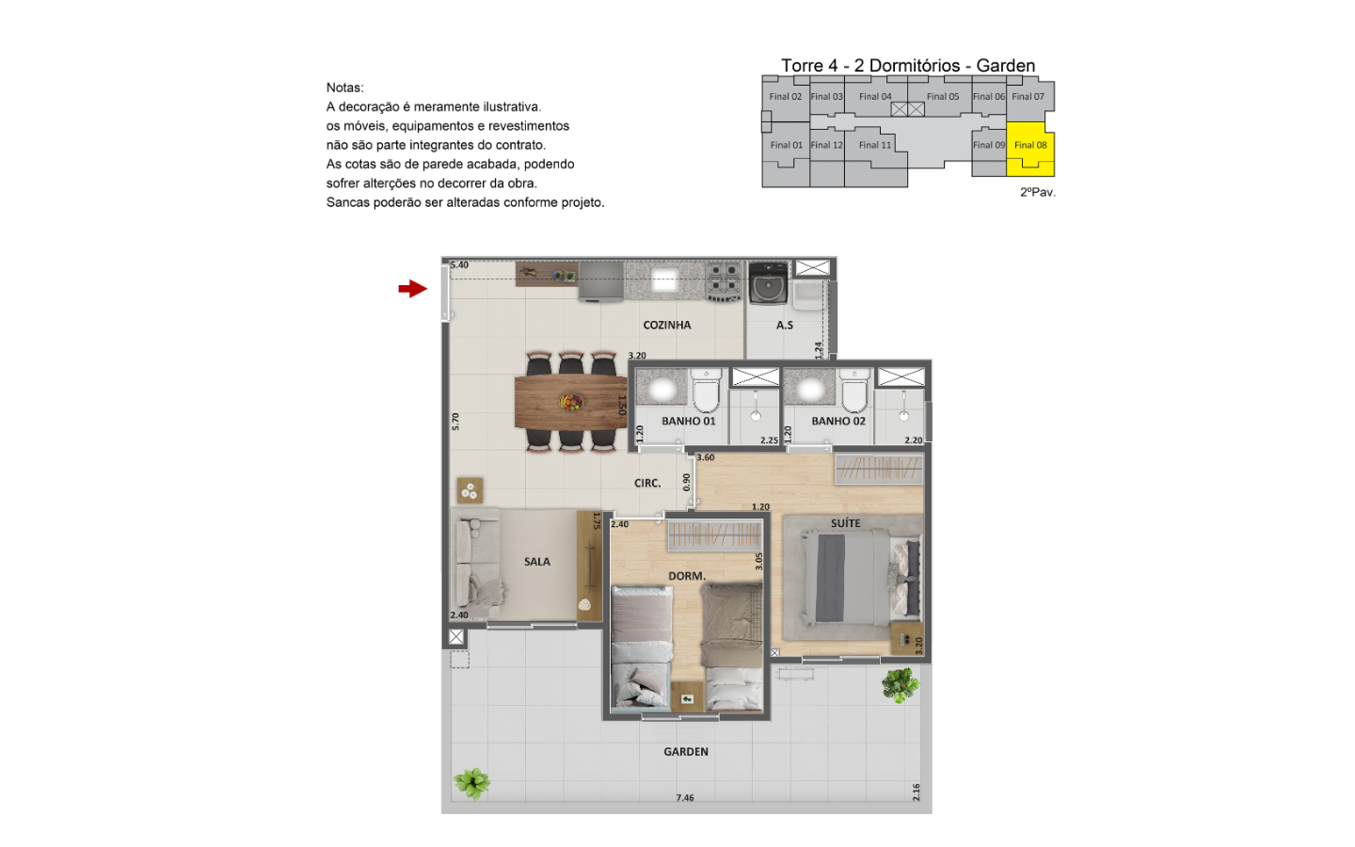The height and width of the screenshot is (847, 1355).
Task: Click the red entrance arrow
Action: (x=412, y=289)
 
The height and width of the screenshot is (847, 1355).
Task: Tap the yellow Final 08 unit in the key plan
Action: (x=1030, y=149)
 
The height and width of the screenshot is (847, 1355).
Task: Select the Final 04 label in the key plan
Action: (x=875, y=96)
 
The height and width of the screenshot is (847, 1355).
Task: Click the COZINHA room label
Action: (x=666, y=325)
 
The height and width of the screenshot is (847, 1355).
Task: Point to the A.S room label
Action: (x=785, y=325)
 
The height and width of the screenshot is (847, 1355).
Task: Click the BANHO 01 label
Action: (x=689, y=421)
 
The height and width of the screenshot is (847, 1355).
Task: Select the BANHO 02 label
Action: (x=838, y=421)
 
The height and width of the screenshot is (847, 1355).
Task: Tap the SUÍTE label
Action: (x=845, y=522)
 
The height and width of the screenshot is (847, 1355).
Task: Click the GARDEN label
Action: (x=685, y=751)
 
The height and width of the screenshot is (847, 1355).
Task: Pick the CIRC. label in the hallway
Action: (x=646, y=483)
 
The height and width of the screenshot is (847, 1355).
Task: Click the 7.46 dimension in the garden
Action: (x=685, y=797)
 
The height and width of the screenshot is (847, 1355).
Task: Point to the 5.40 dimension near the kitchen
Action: (x=460, y=265)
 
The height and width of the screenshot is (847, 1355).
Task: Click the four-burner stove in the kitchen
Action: (x=725, y=280)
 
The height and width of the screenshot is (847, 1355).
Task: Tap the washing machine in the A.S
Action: (x=768, y=282)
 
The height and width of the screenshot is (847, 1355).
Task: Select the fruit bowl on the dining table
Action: (x=571, y=402)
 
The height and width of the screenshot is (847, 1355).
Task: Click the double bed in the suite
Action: (x=861, y=577)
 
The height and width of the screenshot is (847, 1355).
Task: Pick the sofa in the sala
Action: (x=478, y=563)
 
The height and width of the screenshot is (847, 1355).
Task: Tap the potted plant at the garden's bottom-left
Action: (x=471, y=783)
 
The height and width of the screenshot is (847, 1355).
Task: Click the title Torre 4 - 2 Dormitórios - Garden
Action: (x=908, y=65)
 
